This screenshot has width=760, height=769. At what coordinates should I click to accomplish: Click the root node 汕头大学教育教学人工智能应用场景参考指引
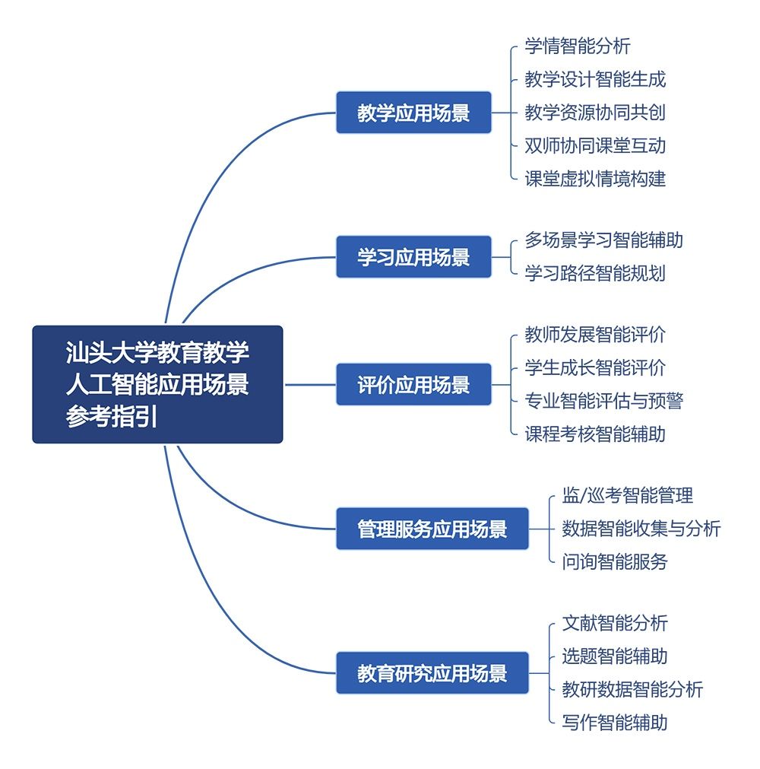click(x=157, y=385)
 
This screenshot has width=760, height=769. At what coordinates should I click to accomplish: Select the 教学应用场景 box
click(x=413, y=113)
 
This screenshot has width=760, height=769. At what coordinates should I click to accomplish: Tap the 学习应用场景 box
click(x=413, y=257)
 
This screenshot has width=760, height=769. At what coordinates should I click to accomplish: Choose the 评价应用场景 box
click(x=413, y=385)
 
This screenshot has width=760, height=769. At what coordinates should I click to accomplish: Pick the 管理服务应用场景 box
click(x=432, y=529)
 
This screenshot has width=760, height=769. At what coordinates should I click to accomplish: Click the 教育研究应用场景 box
click(x=432, y=673)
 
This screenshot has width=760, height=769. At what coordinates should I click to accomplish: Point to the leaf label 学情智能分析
click(x=578, y=46)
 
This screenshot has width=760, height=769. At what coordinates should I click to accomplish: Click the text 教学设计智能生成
click(x=595, y=79)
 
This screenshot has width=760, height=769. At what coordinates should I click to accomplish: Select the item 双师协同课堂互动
click(x=595, y=145)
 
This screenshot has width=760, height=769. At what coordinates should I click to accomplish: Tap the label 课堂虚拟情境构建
click(x=595, y=179)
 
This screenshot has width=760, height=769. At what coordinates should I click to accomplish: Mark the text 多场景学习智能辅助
click(x=603, y=240)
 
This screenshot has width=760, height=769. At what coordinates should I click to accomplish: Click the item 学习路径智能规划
click(x=595, y=274)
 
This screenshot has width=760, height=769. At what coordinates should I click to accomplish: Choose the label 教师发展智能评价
click(x=595, y=335)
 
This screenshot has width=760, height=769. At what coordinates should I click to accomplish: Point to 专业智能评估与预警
click(x=603, y=401)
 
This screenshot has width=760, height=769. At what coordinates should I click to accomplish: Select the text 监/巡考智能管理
click(x=627, y=496)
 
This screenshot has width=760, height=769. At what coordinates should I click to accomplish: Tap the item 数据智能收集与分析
click(x=641, y=529)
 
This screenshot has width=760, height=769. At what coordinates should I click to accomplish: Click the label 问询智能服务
click(x=614, y=562)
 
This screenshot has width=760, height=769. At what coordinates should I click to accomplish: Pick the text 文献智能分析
click(x=614, y=624)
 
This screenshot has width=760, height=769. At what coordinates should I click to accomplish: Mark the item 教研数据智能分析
click(x=632, y=690)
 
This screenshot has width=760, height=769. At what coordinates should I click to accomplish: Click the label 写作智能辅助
click(x=614, y=723)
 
